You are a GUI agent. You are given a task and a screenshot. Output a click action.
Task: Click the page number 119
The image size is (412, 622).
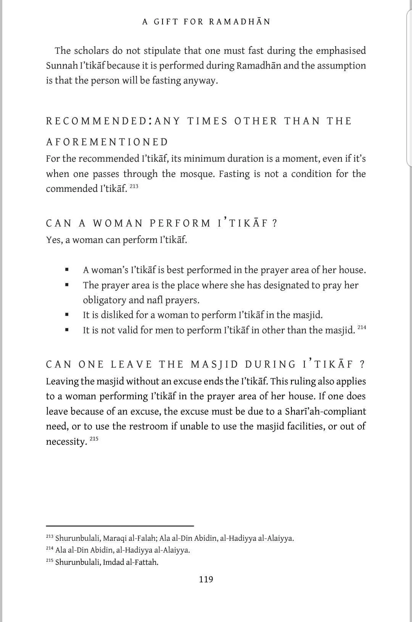point(206,579)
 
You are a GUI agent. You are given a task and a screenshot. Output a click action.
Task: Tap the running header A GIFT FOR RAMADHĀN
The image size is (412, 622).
point(206,22)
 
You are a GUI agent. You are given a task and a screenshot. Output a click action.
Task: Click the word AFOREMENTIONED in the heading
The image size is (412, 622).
point(107,142)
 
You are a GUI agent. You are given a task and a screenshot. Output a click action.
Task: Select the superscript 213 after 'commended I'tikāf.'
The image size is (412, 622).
point(134,186)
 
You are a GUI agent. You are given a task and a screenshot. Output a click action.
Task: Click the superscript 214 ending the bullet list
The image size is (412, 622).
point(362,327)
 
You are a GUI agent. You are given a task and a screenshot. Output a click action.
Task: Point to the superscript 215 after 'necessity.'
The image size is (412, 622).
point(94,439)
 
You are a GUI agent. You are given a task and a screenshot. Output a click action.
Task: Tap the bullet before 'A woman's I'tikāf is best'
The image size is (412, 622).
point(67,270)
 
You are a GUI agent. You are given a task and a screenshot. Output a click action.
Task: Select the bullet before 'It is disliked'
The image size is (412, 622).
point(67,315)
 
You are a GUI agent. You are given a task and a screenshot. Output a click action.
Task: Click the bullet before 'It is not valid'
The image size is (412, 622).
point(67,330)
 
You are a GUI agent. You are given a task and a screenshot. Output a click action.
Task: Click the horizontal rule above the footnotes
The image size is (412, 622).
point(120,526)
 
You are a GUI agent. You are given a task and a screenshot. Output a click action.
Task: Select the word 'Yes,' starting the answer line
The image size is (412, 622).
point(54,240)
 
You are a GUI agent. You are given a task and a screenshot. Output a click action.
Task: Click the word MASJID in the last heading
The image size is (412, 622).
point(214,365)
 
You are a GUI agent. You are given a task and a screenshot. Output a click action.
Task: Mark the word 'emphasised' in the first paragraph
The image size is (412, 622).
point(341,51)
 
